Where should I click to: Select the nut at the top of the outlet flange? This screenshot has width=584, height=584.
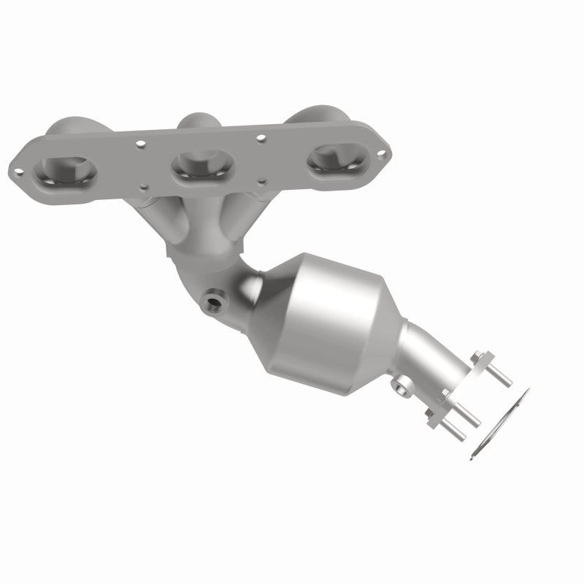[x=478, y=360]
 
